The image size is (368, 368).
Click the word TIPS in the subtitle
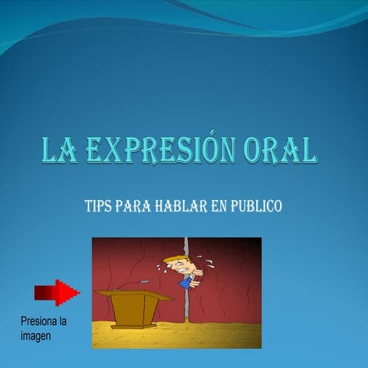tap(98, 206)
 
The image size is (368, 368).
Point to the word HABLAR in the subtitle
tap(181, 206)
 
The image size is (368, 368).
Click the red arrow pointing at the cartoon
tap(57, 292)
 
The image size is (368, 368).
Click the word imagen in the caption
tap(35, 335)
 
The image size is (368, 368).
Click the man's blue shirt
tap(184, 281)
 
